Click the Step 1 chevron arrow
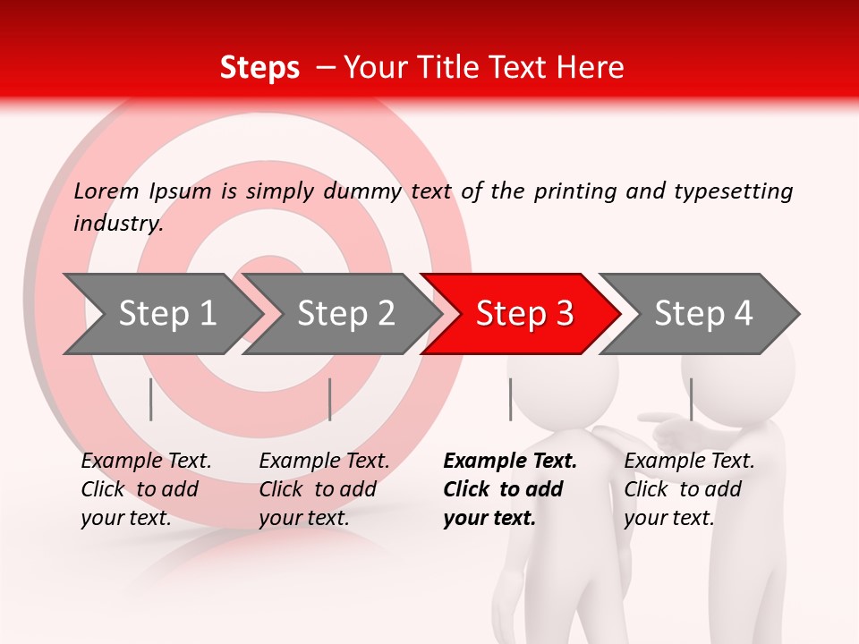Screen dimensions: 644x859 (166, 314)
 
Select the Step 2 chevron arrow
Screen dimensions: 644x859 (344, 314)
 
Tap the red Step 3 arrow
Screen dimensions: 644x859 (523, 314)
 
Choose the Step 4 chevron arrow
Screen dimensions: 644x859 (702, 314)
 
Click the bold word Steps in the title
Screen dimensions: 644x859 (259, 67)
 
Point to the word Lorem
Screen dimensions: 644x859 (106, 191)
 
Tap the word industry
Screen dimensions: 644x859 (118, 224)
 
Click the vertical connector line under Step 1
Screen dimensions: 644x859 (151, 399)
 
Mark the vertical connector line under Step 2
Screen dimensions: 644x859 (330, 399)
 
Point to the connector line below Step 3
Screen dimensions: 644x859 (510, 399)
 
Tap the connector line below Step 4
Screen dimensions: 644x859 (691, 399)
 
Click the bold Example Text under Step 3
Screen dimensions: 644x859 (510, 462)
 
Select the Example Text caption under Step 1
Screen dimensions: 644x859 (146, 462)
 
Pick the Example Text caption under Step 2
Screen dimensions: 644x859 (324, 462)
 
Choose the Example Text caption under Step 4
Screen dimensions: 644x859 (689, 462)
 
